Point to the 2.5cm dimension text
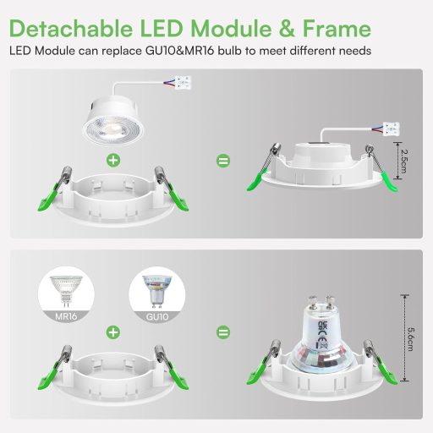pyautogui.click(x=407, y=156)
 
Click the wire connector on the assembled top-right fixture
pyautogui.click(x=391, y=129)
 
